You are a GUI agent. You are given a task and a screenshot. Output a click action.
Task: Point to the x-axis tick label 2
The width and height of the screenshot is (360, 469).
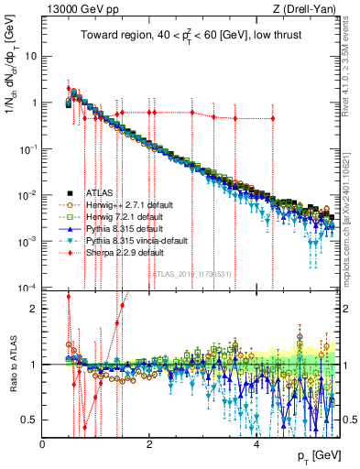pos(149,444)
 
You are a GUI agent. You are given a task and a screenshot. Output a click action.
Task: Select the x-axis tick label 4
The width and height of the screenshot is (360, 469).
pos(256,444)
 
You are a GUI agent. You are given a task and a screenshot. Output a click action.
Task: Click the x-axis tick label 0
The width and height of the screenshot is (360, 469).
pos(43,444)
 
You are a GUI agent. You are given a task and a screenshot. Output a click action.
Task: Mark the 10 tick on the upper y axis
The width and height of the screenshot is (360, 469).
pos(31,56)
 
